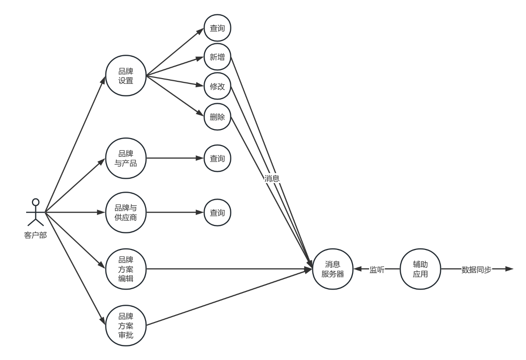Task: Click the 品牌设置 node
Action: (x=126, y=76)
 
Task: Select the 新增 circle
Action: (x=217, y=57)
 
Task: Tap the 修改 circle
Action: (x=217, y=86)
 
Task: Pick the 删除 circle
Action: (x=217, y=117)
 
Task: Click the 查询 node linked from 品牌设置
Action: (x=217, y=28)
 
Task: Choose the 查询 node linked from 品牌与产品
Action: (x=217, y=158)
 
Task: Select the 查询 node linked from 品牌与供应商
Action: (x=217, y=212)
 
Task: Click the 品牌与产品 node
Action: (x=126, y=158)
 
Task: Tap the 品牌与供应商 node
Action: (x=126, y=212)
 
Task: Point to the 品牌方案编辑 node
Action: (x=126, y=269)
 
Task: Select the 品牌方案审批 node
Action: (x=126, y=325)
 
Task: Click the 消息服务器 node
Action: (x=333, y=269)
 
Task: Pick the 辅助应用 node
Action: (x=420, y=269)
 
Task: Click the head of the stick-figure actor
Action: (x=36, y=202)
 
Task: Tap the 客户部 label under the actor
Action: (x=35, y=235)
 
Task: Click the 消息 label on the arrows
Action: (x=272, y=178)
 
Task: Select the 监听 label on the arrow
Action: (x=377, y=269)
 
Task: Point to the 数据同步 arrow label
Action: (x=476, y=269)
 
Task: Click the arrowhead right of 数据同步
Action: (x=509, y=269)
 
